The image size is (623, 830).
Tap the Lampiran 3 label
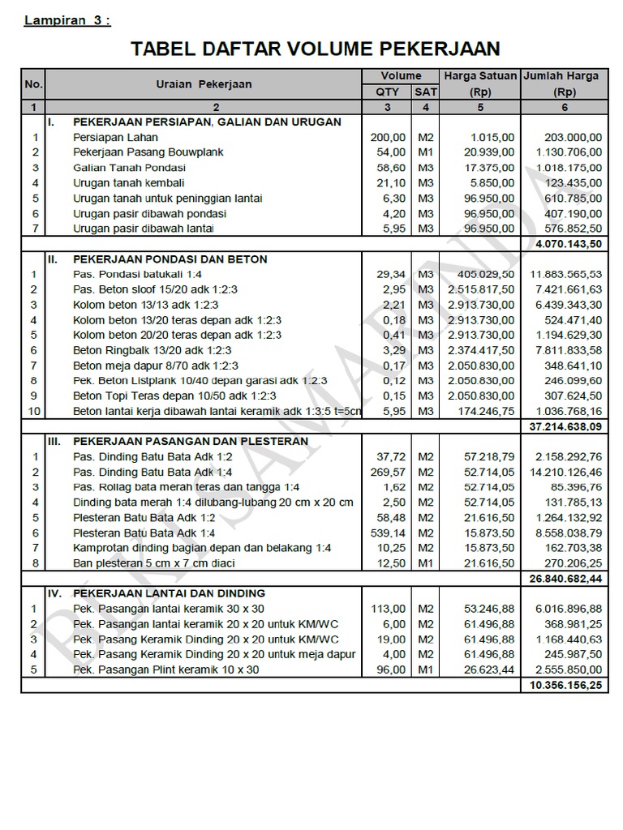(67, 21)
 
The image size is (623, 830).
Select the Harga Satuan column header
(480, 76)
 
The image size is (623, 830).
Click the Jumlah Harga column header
(561, 76)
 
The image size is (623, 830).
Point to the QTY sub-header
(388, 92)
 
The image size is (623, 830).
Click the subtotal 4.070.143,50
(569, 243)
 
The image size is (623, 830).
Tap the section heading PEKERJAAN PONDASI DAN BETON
(170, 259)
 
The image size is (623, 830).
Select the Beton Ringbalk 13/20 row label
(153, 350)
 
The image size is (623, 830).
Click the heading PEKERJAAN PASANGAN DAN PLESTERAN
(191, 442)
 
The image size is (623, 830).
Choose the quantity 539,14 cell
(388, 533)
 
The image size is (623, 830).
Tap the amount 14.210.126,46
(565, 472)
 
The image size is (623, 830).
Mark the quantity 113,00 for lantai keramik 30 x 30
(388, 609)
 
